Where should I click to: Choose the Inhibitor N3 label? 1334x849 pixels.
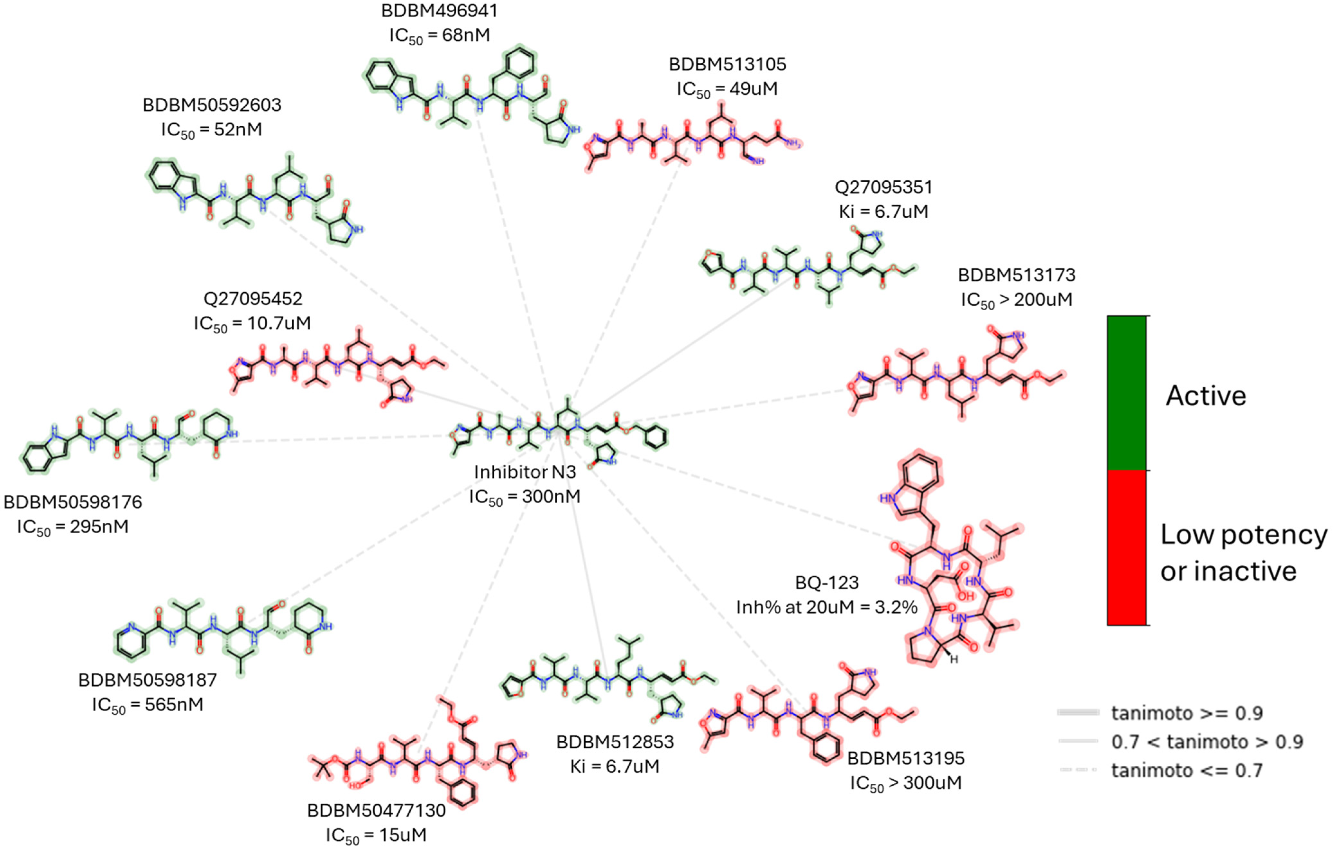pyautogui.click(x=525, y=472)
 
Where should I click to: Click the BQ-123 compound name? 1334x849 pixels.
pyautogui.click(x=827, y=583)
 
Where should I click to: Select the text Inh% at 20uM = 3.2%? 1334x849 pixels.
pyautogui.click(x=827, y=608)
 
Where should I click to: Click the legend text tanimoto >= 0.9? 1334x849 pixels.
pyautogui.click(x=1187, y=713)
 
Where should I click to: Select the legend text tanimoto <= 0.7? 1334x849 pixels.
pyautogui.click(x=1187, y=770)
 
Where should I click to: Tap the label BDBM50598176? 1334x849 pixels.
pyautogui.click(x=73, y=502)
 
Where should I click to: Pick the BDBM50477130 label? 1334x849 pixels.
pyautogui.click(x=376, y=810)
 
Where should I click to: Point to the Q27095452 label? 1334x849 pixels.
pyautogui.click(x=253, y=299)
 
